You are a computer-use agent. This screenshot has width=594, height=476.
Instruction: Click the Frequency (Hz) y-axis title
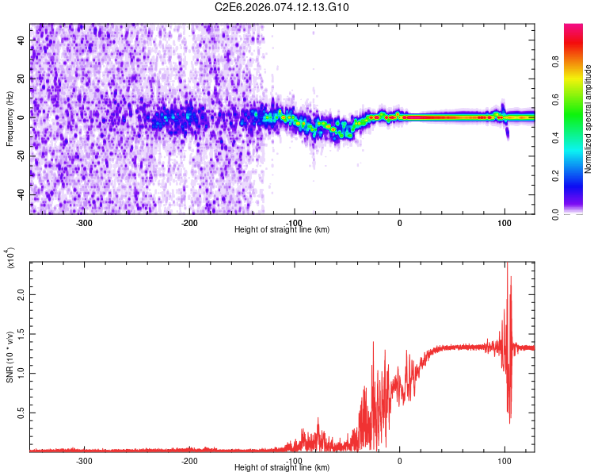pos(10,119)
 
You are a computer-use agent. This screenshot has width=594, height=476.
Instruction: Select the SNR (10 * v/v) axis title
pos(10,357)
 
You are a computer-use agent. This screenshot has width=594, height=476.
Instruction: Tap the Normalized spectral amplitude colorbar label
pos(588,119)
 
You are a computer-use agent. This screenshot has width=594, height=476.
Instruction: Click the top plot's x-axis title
pos(282,229)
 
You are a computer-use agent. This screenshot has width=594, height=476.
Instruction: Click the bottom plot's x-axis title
pos(282,467)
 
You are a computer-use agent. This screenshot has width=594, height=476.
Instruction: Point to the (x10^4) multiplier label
pos(10,259)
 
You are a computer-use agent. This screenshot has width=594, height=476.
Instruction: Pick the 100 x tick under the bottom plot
pos(505,459)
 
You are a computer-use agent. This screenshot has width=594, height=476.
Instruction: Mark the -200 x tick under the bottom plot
pos(189,459)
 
